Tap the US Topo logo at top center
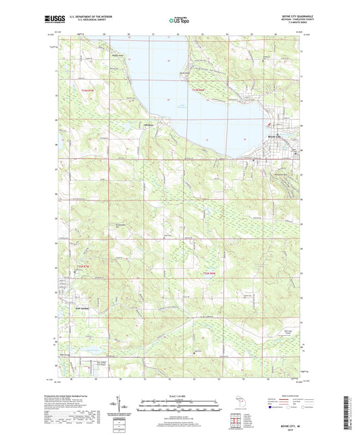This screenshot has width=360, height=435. click(180, 21)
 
